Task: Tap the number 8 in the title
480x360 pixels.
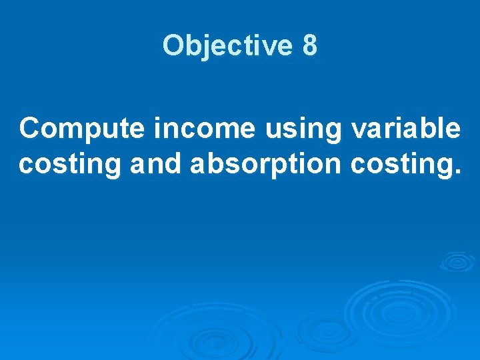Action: click(309, 46)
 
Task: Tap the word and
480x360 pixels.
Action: click(155, 163)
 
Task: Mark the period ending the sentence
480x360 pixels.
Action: click(457, 172)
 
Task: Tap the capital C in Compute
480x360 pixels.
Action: click(31, 128)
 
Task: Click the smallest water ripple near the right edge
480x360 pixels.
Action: click(457, 261)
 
